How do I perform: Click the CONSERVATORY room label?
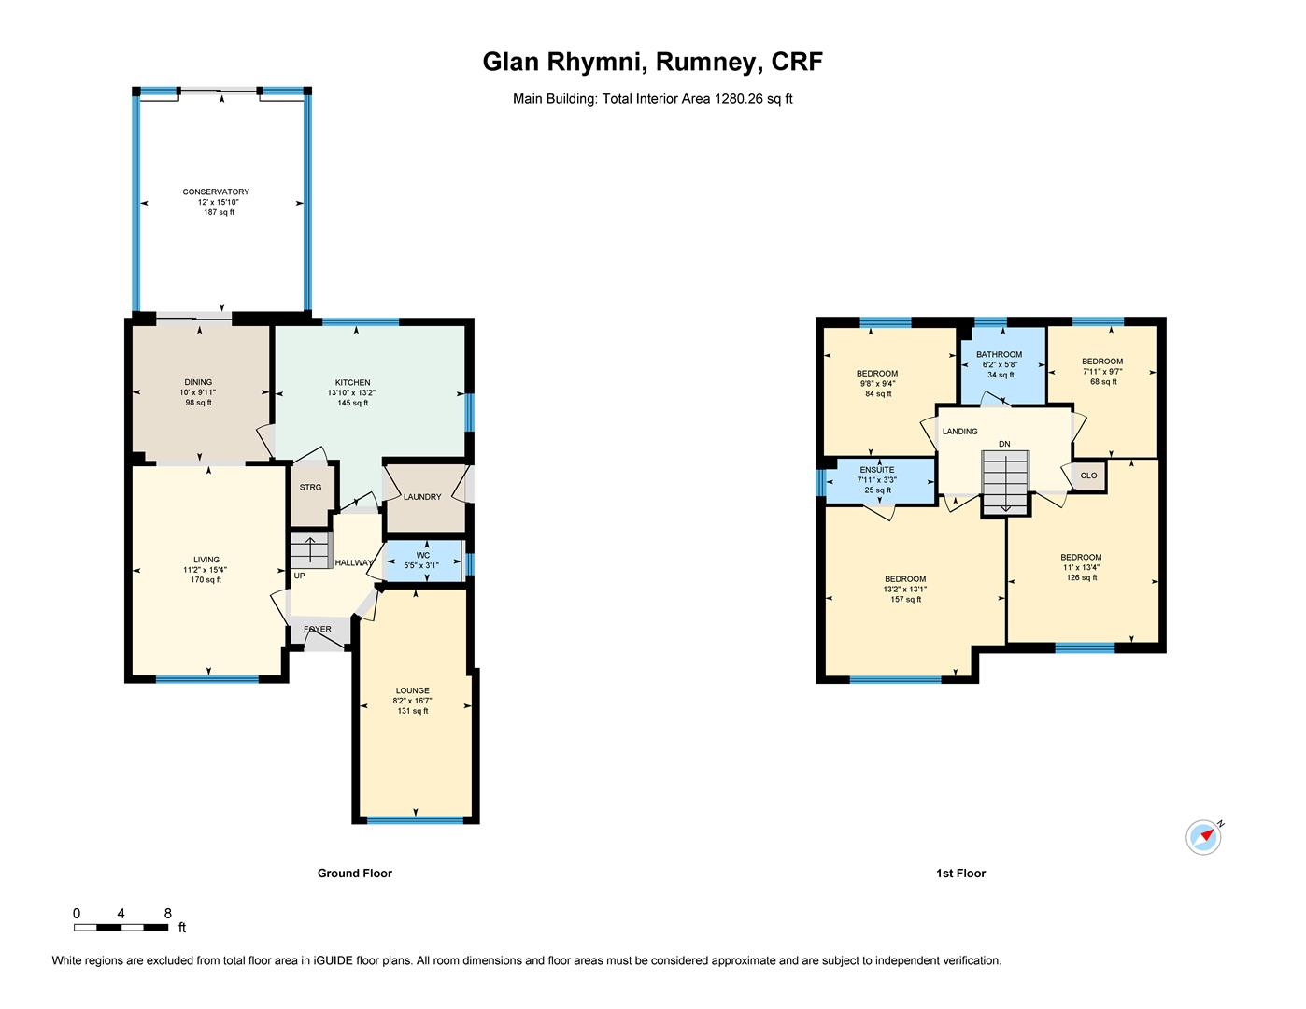coord(216,192)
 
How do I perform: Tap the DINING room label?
coord(198,382)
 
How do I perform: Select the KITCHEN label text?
coord(353,383)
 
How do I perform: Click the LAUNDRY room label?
coord(422,497)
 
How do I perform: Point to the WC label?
coord(423,555)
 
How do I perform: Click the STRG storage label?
coord(310,488)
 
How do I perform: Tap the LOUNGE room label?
coord(412,690)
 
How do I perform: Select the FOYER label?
coord(318,630)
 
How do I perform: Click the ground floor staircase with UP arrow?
coord(310,550)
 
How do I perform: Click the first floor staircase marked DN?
coord(1005,481)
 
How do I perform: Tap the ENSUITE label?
coord(877,470)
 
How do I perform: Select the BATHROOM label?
coord(999,355)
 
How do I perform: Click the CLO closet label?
coord(1088,476)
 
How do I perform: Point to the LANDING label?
coord(959,432)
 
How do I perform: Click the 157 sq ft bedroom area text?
coord(905,600)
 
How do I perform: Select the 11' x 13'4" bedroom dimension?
coord(1081,567)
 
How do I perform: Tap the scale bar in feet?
coord(121,927)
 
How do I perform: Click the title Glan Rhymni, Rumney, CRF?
coord(652,63)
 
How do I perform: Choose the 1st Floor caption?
coord(960,874)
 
